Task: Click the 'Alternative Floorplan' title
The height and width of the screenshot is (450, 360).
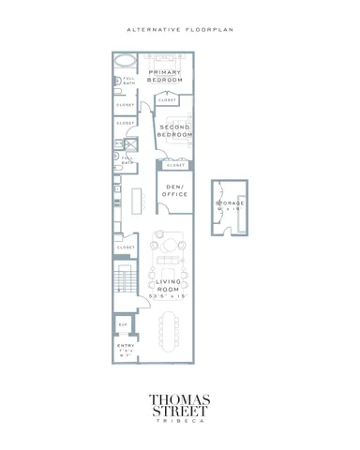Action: (179, 30)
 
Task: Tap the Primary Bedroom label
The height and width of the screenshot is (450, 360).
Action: (165, 77)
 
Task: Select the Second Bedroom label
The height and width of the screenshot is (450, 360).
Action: (175, 131)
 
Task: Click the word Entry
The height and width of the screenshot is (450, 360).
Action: (126, 346)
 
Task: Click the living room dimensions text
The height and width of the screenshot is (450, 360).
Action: (169, 296)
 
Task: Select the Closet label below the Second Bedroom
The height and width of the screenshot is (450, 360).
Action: (175, 165)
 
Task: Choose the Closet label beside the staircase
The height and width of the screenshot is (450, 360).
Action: (126, 247)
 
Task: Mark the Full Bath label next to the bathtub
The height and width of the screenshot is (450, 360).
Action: (127, 79)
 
